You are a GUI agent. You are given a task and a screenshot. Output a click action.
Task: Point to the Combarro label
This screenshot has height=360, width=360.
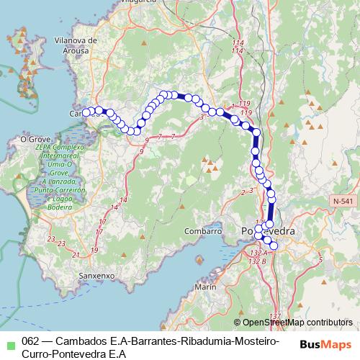[x=202, y=231]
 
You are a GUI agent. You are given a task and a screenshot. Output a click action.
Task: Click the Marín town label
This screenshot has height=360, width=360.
[x=205, y=287]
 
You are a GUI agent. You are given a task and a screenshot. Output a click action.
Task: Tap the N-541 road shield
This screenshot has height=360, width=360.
[x=343, y=202]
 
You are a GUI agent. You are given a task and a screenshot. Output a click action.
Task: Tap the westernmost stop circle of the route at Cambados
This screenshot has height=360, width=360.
[x=85, y=112]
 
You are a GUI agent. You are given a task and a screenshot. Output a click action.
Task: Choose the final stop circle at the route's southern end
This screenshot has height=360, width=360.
[x=273, y=246]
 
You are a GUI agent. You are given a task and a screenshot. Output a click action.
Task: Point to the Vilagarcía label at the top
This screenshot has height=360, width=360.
[x=145, y=3]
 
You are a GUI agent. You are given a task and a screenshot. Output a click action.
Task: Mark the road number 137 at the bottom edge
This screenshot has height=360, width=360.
[x=274, y=316]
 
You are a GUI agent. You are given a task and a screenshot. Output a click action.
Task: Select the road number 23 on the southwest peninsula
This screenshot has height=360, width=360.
[x=50, y=240]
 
